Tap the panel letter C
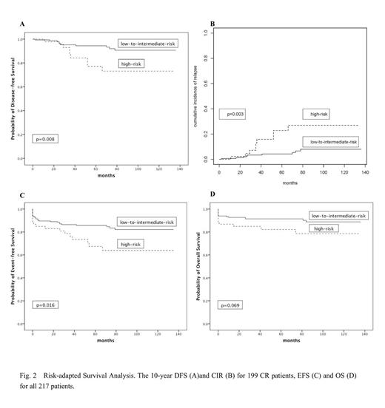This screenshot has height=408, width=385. click(x=22, y=195)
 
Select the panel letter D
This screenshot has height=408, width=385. click(x=213, y=195)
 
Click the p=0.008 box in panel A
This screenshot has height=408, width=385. click(x=47, y=137)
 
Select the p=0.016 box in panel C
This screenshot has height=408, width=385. click(x=47, y=305)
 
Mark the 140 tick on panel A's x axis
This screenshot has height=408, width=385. click(x=178, y=167)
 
